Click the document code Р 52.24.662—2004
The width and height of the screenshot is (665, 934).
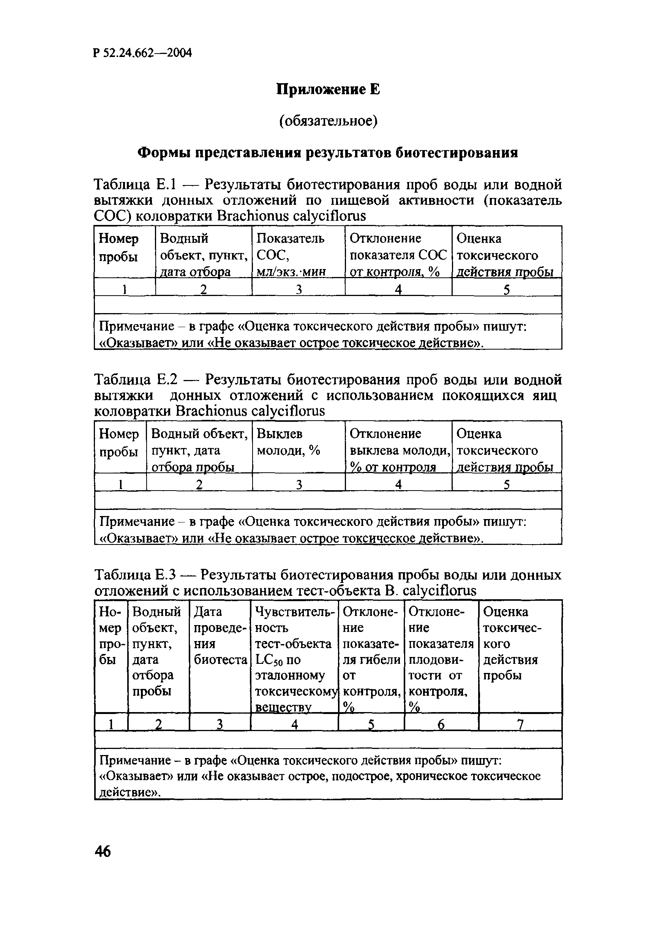(142, 53)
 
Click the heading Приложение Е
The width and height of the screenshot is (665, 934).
(328, 89)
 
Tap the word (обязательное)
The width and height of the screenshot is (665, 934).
(328, 121)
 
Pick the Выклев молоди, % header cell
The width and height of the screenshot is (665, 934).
(298, 442)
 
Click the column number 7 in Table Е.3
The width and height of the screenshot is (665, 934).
(520, 725)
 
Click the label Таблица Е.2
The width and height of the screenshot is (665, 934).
(136, 380)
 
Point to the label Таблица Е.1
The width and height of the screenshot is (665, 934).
(135, 185)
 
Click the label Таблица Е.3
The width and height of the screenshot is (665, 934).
(135, 575)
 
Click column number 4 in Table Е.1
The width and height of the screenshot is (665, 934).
(398, 290)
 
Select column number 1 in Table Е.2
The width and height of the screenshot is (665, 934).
(121, 484)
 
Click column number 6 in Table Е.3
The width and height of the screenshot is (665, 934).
(441, 725)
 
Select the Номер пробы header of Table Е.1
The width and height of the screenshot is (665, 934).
(119, 247)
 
